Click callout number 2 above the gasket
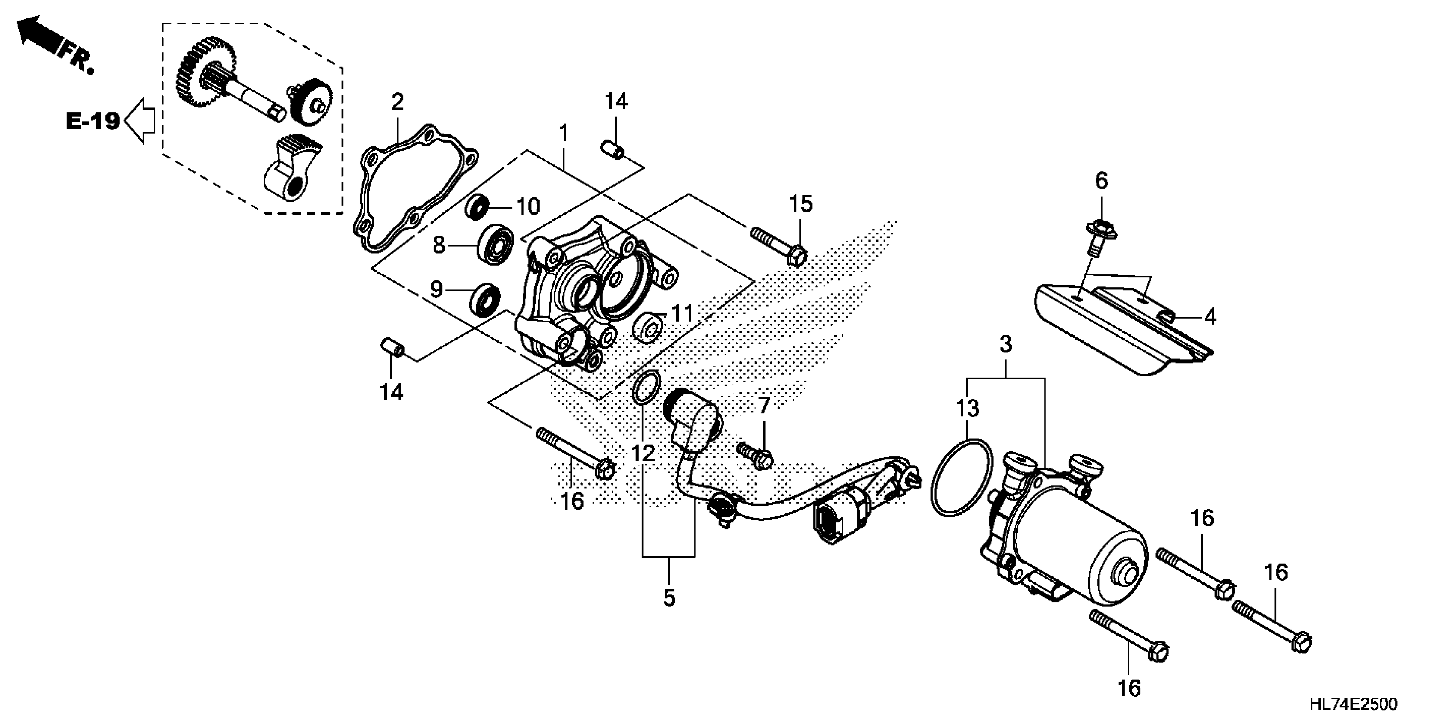click(x=397, y=102)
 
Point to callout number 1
click(x=563, y=133)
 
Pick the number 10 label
click(x=528, y=207)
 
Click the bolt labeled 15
click(x=779, y=247)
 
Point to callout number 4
click(x=1210, y=317)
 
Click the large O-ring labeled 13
click(x=961, y=477)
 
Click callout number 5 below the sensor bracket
click(x=669, y=598)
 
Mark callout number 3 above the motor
click(x=1005, y=344)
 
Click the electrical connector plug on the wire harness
click(x=830, y=522)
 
